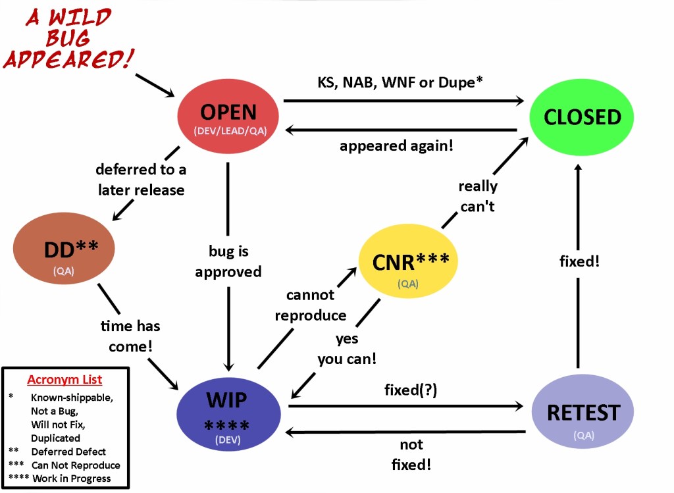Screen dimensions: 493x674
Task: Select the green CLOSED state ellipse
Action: [x=582, y=117]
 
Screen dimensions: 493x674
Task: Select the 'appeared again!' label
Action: [x=396, y=146]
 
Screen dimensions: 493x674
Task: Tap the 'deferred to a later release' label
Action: [x=141, y=180]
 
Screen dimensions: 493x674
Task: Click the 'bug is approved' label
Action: [x=228, y=261]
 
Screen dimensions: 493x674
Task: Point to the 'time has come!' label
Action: [x=130, y=336]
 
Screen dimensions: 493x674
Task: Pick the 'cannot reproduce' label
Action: [x=310, y=305]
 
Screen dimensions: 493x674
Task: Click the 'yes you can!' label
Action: [x=347, y=349]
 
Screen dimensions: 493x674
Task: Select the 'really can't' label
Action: [x=478, y=196]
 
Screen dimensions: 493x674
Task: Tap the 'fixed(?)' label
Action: [x=411, y=390]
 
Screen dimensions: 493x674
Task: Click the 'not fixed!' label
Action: [x=411, y=454]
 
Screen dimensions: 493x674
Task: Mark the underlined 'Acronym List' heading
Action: [x=65, y=380]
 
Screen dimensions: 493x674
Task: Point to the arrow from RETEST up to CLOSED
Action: [x=578, y=263]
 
